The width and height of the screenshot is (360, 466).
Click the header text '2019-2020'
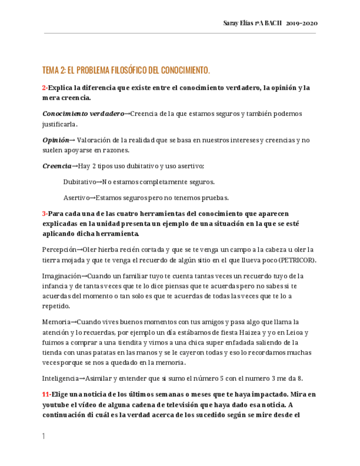302,23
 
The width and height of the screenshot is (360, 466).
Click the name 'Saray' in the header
231,23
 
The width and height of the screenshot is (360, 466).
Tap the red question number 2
44,87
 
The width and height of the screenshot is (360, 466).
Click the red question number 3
44,213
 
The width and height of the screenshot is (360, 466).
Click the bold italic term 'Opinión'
56,140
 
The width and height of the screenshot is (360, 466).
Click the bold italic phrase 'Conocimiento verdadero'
83,114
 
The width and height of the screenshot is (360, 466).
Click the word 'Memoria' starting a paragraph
56,322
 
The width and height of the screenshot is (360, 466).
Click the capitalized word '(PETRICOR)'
297,260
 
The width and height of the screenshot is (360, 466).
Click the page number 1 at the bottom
43,436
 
